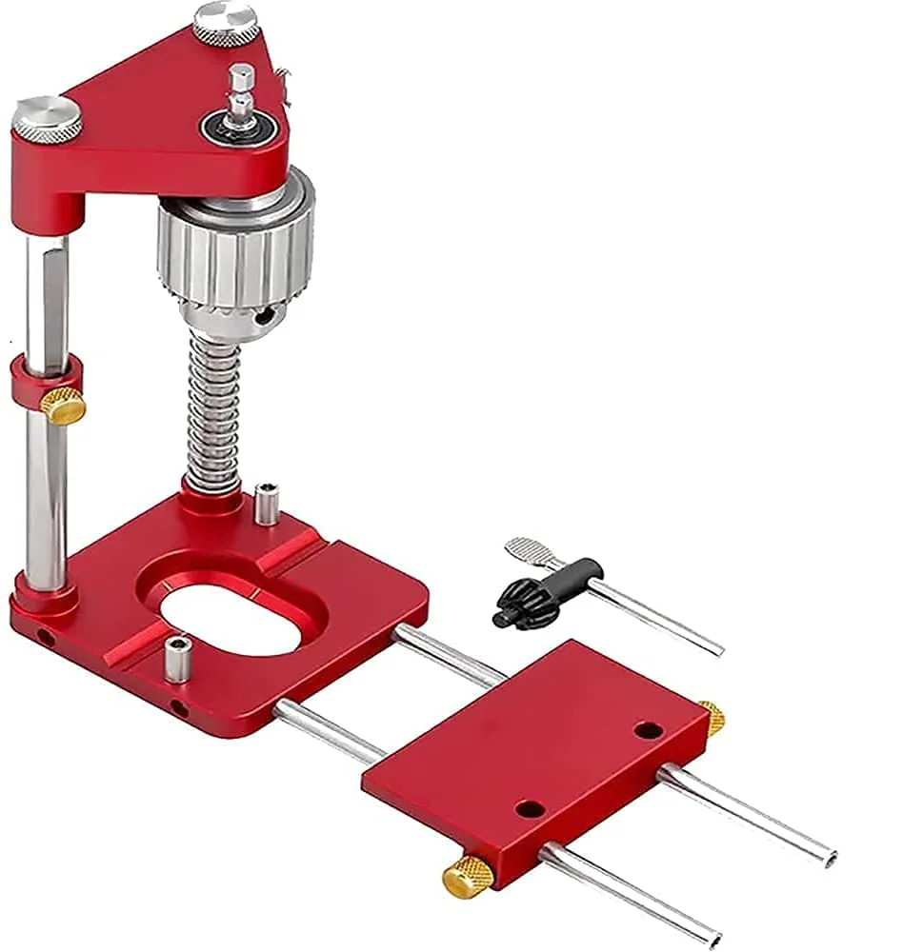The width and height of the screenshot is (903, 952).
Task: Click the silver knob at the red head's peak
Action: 226,21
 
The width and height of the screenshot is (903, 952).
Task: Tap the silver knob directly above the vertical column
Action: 47,118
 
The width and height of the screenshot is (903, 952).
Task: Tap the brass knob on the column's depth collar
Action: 64,407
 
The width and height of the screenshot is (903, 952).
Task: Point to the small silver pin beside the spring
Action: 267,504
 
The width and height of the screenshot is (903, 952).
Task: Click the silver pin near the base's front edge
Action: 175,659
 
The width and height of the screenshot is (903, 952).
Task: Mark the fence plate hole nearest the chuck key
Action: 648,730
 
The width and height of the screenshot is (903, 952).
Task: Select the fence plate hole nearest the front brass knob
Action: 530,809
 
